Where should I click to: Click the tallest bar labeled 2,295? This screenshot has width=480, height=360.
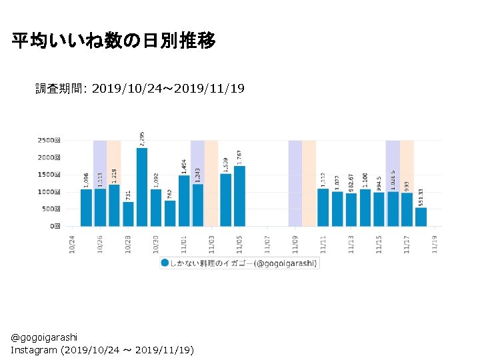pyautogui.click(x=142, y=187)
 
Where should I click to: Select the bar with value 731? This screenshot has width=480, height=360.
pyautogui.click(x=128, y=213)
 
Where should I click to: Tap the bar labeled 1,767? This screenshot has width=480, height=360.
pyautogui.click(x=239, y=196)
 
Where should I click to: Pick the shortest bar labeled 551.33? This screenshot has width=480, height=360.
pyautogui.click(x=421, y=217)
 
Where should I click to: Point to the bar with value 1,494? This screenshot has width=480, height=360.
pyautogui.click(x=184, y=200)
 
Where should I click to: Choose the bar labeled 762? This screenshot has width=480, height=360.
pyautogui.click(x=170, y=213)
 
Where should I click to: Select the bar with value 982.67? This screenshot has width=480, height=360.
pyautogui.click(x=351, y=209)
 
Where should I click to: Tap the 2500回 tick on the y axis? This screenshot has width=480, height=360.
pyautogui.click(x=49, y=141)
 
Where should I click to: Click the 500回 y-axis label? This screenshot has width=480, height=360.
pyautogui.click(x=51, y=209)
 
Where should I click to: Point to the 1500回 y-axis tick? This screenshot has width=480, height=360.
pyautogui.click(x=49, y=175)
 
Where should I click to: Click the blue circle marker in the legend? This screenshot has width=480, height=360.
pyautogui.click(x=165, y=263)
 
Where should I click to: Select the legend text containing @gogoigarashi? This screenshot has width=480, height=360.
pyautogui.click(x=287, y=263)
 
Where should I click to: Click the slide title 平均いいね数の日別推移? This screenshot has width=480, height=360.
pyautogui.click(x=114, y=41)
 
